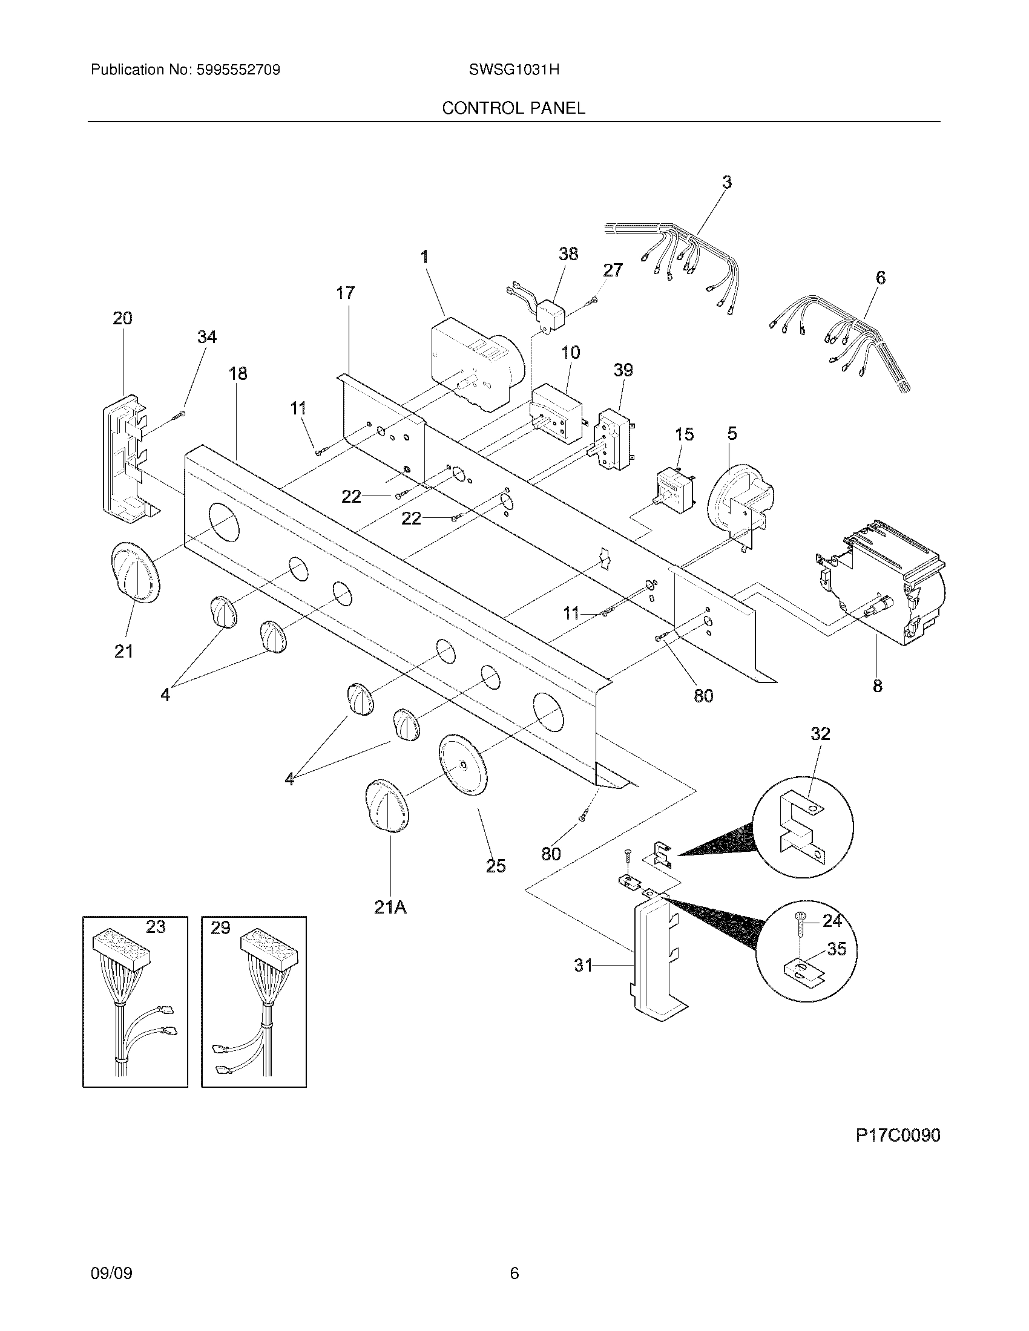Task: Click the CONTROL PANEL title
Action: coord(513,108)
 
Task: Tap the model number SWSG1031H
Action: coord(514,70)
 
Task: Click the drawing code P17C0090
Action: coord(897,1135)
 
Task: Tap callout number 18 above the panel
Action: coord(238,373)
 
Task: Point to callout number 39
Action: coord(623,370)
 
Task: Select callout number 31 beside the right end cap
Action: coord(584,966)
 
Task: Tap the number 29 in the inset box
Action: coord(220,928)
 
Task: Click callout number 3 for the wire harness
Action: coord(726,181)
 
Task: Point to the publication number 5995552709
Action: coord(238,70)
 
